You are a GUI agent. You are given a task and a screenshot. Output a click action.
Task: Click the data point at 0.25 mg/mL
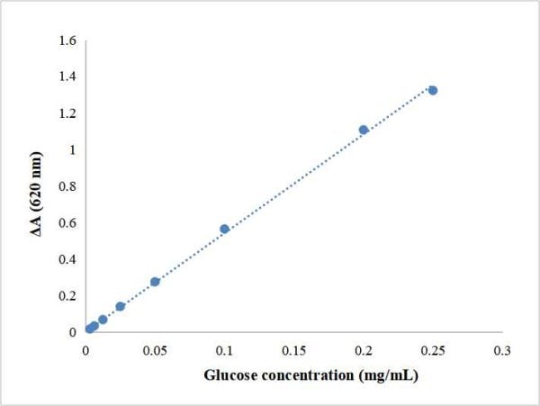(433, 90)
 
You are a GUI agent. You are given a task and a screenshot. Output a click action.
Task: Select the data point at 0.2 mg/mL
(364, 130)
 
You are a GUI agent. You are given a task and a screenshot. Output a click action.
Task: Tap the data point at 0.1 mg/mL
(225, 230)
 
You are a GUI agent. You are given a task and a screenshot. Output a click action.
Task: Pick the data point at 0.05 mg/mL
(155, 282)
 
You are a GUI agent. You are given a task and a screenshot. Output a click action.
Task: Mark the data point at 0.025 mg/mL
(121, 307)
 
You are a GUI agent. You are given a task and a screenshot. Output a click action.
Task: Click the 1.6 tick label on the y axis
(68, 40)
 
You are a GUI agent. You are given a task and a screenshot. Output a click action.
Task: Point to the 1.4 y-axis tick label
(68, 77)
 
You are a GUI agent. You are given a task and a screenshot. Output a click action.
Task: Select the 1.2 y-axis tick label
(68, 113)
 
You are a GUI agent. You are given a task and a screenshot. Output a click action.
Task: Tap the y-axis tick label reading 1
(73, 149)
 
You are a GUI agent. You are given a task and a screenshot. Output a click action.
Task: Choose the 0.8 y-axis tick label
(68, 186)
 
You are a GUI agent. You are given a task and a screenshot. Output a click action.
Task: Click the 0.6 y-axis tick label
(68, 223)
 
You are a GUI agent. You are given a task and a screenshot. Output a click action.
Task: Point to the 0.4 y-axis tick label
(68, 259)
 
